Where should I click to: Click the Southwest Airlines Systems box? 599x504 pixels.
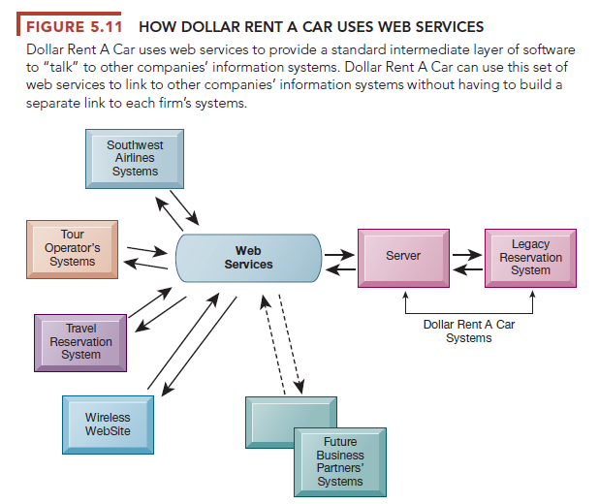coord(135,158)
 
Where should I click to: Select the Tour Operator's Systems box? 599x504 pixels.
coord(72,248)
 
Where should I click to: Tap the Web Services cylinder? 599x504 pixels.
coord(248,258)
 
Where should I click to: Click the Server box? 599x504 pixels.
coord(403,257)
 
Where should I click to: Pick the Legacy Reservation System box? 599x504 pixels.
coord(530,257)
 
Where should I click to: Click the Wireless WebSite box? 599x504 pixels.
coord(108,425)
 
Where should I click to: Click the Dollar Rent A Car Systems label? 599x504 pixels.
coord(469,331)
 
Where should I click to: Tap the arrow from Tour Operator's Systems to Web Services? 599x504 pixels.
coord(146,247)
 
